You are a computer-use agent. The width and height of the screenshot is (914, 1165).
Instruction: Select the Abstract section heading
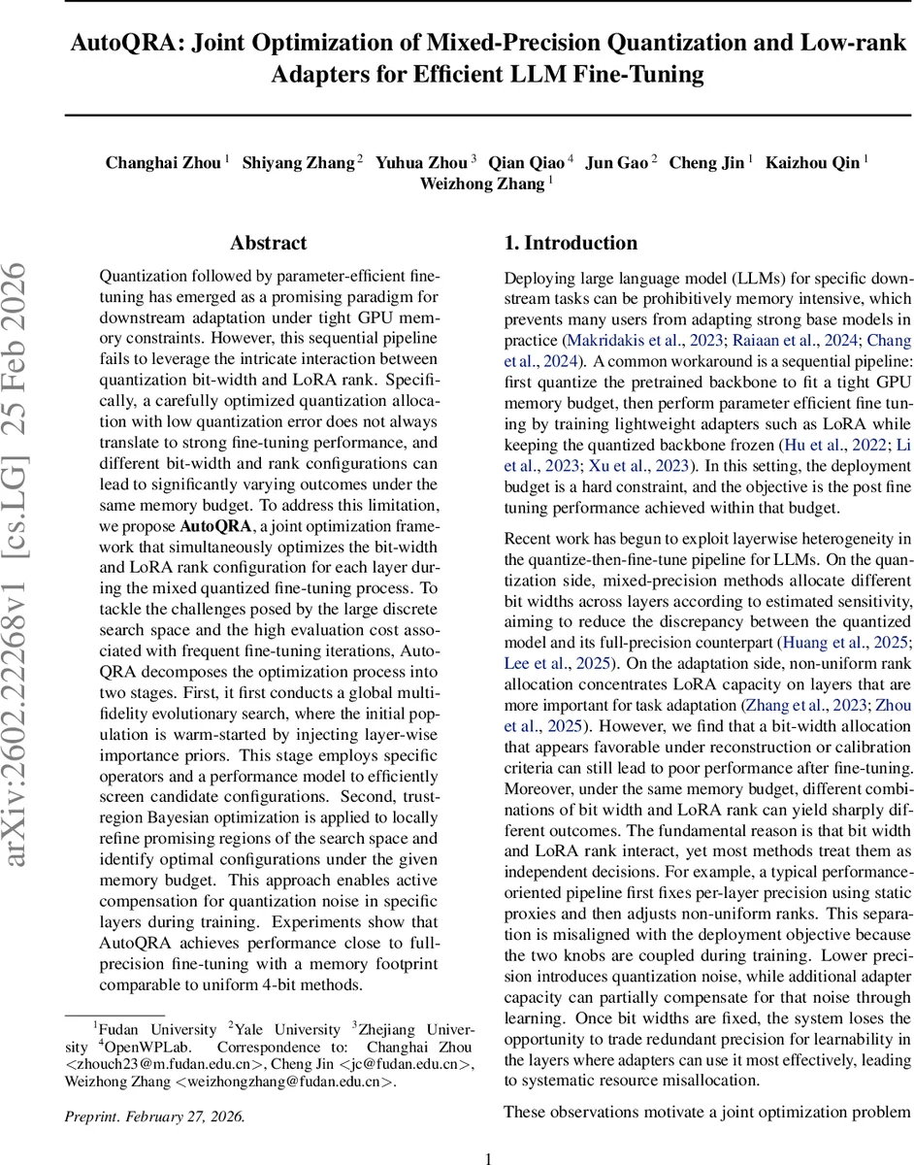[x=269, y=243]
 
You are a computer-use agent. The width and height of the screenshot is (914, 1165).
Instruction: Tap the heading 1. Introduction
[x=571, y=243]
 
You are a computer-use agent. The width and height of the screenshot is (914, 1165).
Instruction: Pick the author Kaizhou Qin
[x=812, y=163]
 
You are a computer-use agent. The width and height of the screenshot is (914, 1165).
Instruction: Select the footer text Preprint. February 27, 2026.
[x=155, y=1115]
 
